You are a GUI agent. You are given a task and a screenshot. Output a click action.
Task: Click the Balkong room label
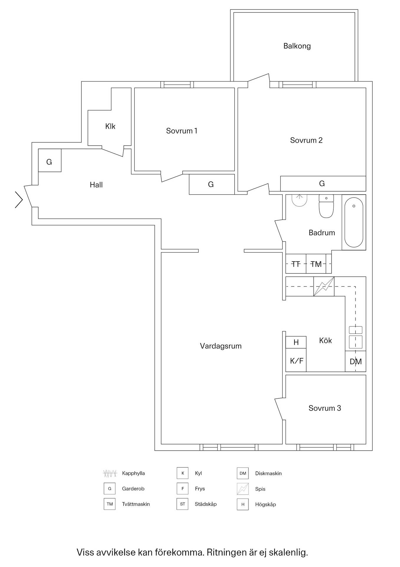pyautogui.click(x=297, y=46)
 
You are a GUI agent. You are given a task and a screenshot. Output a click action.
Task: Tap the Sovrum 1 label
pyautogui.click(x=182, y=131)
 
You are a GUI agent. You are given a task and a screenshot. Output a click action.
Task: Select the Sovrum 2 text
pyautogui.click(x=306, y=140)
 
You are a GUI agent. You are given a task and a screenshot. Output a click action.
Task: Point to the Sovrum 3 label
pyautogui.click(x=325, y=408)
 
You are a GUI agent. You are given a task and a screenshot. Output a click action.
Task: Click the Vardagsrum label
pyautogui.click(x=220, y=346)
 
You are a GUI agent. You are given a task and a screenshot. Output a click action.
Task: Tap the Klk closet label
pyautogui.click(x=110, y=126)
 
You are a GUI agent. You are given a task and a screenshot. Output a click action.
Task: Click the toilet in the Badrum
pyautogui.click(x=326, y=206)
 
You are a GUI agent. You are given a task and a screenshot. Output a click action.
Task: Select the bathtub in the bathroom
pyautogui.click(x=354, y=222)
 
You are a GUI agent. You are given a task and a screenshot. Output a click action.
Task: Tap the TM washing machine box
pyautogui.click(x=316, y=264)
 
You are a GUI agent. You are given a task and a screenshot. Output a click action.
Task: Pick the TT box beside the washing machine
pyautogui.click(x=296, y=264)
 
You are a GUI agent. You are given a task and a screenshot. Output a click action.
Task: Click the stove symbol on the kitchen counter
pyautogui.click(x=324, y=286)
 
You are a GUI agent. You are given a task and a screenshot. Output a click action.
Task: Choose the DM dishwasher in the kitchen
pyautogui.click(x=355, y=361)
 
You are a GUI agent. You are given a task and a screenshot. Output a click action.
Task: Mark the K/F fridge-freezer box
pyautogui.click(x=296, y=360)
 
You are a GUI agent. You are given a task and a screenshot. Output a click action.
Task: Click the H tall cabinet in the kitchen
pyautogui.click(x=296, y=342)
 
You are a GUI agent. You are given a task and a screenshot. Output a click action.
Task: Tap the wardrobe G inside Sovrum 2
pyautogui.click(x=323, y=184)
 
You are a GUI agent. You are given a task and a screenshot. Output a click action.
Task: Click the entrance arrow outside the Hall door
pyautogui.click(x=19, y=200)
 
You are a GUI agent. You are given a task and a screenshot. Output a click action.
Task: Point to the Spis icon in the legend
pyautogui.click(x=243, y=489)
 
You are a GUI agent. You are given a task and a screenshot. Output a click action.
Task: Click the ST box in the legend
pyautogui.click(x=182, y=504)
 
